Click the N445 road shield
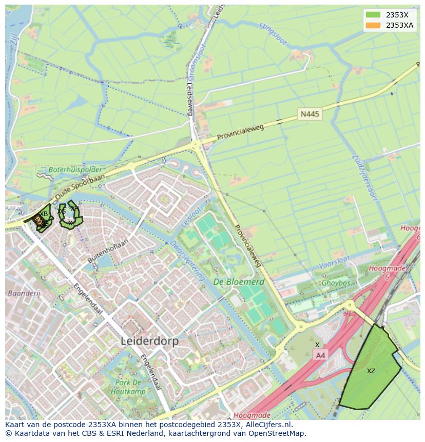(x=310, y=114)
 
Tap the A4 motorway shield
(x=320, y=355)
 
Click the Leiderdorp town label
(x=149, y=341)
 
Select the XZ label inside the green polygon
(x=371, y=371)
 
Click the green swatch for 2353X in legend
(x=373, y=15)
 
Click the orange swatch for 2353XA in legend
(x=373, y=25)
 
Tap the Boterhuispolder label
(x=75, y=169)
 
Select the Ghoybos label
(x=336, y=283)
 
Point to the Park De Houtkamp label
(x=128, y=387)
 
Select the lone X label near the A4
(x=317, y=344)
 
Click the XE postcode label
(x=72, y=223)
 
